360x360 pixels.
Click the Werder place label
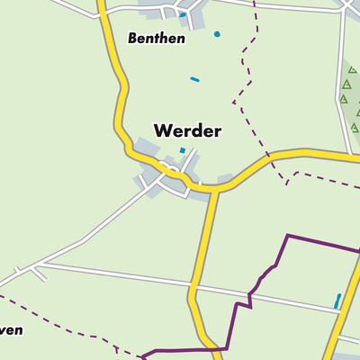[x=187, y=130]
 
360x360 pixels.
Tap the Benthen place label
[x=156, y=39]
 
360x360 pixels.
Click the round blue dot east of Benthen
[x=217, y=34]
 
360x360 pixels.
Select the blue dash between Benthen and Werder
[x=194, y=79]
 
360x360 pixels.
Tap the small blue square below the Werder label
[x=182, y=150]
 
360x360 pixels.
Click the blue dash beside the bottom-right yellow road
[x=337, y=301]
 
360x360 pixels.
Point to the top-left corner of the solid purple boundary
[x=287, y=236]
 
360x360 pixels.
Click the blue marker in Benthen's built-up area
[x=182, y=14]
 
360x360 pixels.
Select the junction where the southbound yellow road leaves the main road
[x=214, y=190]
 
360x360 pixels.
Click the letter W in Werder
[x=163, y=130]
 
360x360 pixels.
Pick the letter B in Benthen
[x=132, y=39]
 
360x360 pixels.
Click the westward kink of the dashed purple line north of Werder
[x=234, y=101]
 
